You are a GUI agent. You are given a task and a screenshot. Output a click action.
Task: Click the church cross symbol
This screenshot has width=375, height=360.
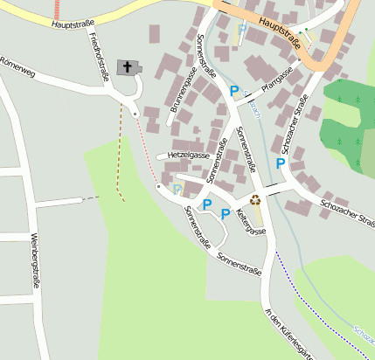click(128, 67)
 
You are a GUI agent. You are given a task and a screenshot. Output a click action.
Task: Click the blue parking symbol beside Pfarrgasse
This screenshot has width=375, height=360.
click(233, 90)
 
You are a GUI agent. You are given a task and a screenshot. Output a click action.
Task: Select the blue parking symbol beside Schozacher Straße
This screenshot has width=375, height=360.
click(280, 163)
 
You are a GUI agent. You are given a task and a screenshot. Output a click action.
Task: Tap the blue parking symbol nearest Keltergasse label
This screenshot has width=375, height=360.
click(226, 213)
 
